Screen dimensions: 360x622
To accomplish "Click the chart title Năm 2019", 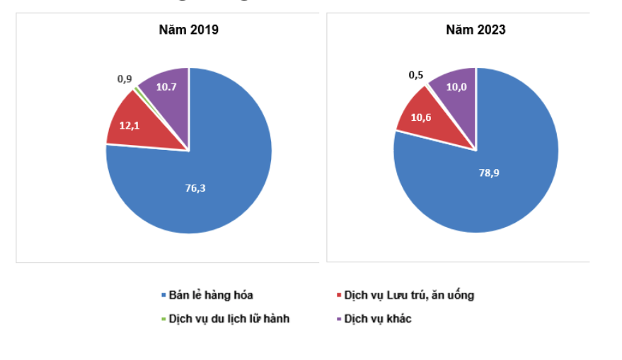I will [188, 30].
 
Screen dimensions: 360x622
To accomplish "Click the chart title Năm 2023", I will [476, 30].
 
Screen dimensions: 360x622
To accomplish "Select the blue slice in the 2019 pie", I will [212, 177].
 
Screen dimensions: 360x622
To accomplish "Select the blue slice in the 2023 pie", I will [495, 184].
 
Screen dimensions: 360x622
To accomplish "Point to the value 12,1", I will [129, 125].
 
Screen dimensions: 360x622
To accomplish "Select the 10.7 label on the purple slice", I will [166, 86].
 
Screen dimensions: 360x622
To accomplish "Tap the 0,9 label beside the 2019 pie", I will [125, 79].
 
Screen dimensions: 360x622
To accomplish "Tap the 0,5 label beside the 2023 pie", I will [416, 75].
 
